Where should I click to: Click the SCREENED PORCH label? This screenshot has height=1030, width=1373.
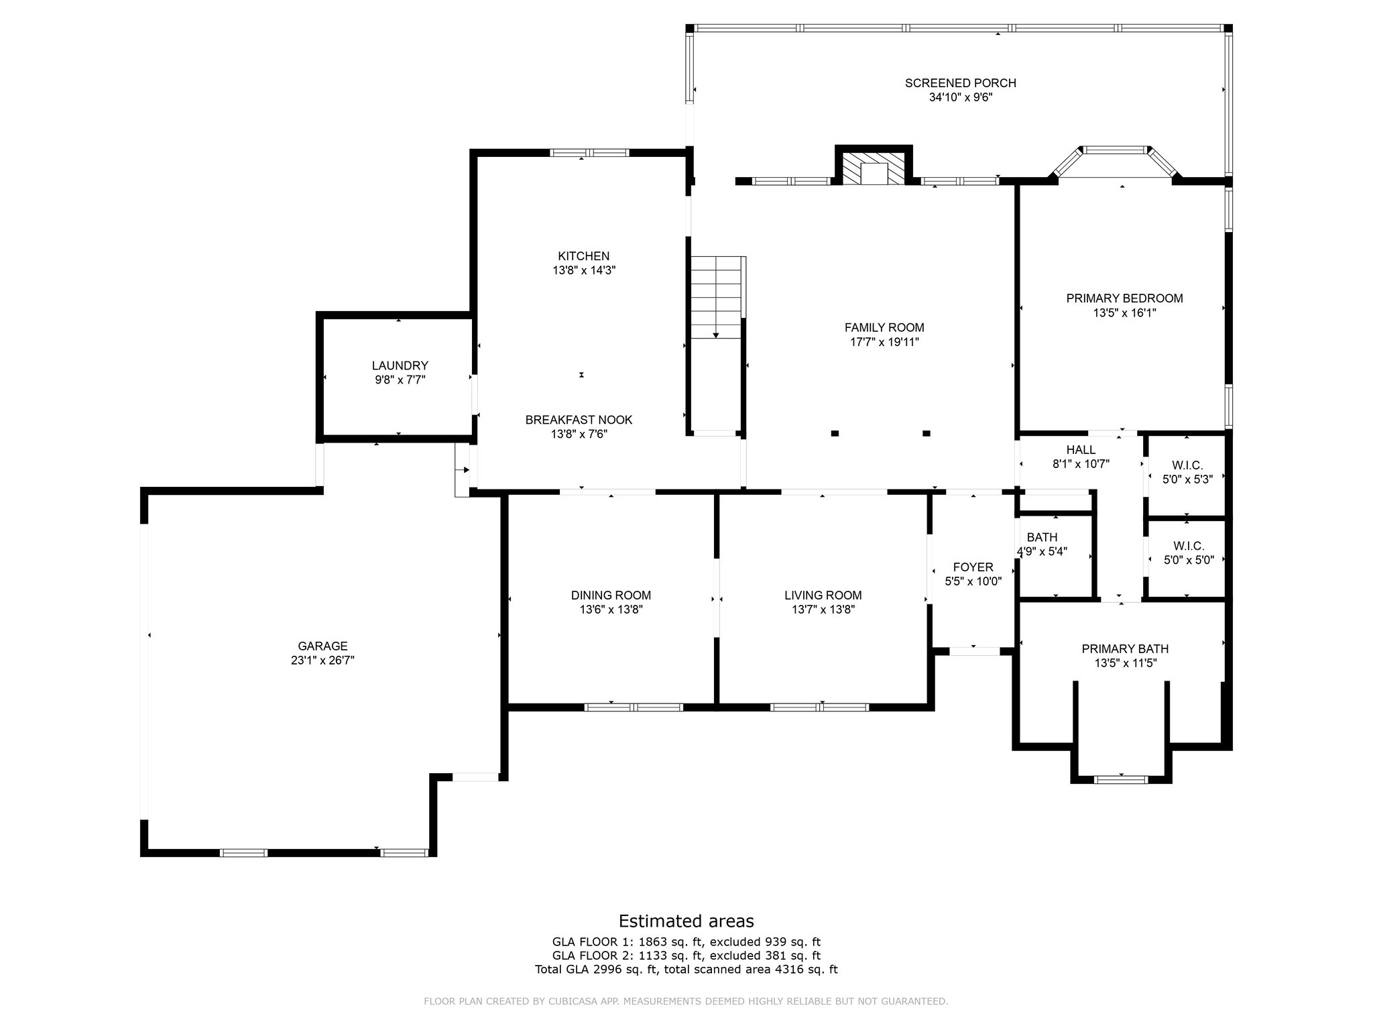[x=960, y=83]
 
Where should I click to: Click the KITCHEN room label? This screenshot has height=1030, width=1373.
[x=584, y=256]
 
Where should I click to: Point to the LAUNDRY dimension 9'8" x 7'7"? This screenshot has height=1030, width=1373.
[x=400, y=380]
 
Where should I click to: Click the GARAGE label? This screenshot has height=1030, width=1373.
[x=322, y=646]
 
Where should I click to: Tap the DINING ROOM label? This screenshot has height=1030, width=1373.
[x=611, y=595]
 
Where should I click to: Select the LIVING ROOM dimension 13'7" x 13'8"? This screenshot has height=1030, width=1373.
[x=823, y=610]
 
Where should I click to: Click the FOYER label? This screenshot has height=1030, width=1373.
[x=973, y=567]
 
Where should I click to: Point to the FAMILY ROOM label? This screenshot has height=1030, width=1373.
[x=884, y=328]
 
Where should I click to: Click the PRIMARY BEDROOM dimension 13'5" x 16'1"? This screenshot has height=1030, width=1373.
[x=1125, y=312]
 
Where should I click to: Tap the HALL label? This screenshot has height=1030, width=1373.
[x=1081, y=450]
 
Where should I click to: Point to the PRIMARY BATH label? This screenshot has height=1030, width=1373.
[x=1125, y=649]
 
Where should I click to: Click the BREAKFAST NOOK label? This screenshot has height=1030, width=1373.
[x=579, y=420]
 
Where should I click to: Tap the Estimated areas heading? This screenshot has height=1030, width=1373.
[x=686, y=921]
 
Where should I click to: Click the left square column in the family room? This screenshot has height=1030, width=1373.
[x=835, y=433]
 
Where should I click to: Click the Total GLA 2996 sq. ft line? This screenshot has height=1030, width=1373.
[x=686, y=969]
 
